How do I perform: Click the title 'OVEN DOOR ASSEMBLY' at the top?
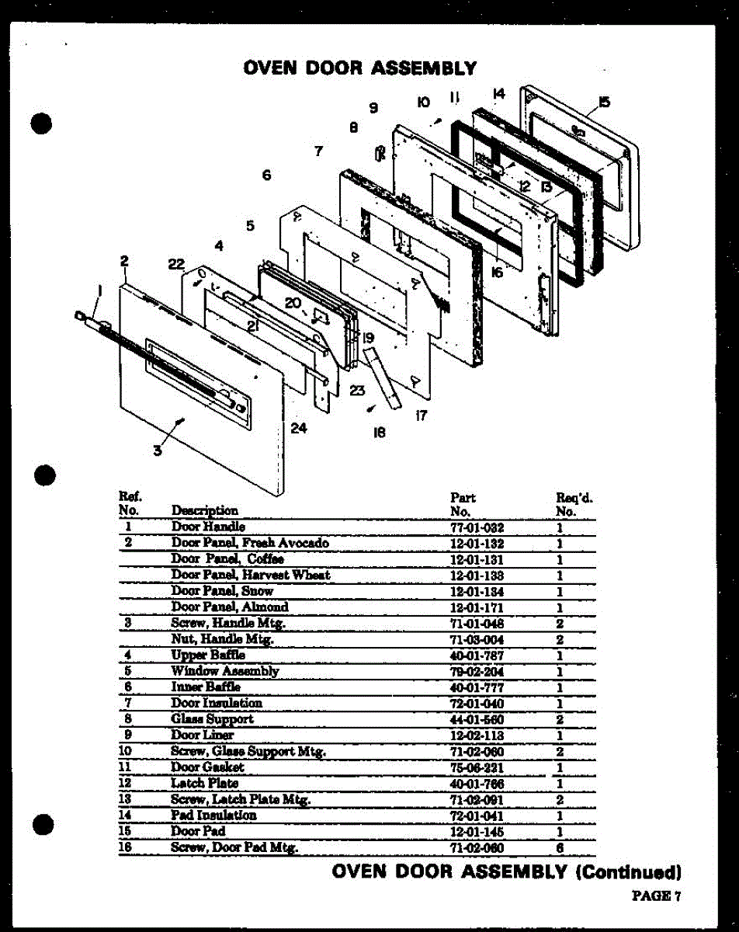click(x=360, y=68)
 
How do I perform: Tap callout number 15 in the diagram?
click(x=605, y=101)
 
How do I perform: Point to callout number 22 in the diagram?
click(x=176, y=264)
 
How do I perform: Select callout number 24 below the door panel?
click(x=299, y=428)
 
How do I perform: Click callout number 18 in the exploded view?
click(x=379, y=433)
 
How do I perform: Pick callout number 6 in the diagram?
click(x=266, y=176)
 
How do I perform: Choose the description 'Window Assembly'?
click(x=225, y=671)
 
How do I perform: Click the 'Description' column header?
click(x=205, y=510)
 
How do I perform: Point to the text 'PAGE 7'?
click(x=656, y=895)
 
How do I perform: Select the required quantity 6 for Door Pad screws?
click(x=559, y=847)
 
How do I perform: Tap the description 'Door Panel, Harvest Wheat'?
click(x=250, y=576)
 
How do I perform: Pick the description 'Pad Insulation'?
click(x=213, y=815)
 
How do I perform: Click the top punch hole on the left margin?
click(x=41, y=124)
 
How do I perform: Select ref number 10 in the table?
click(x=127, y=751)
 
